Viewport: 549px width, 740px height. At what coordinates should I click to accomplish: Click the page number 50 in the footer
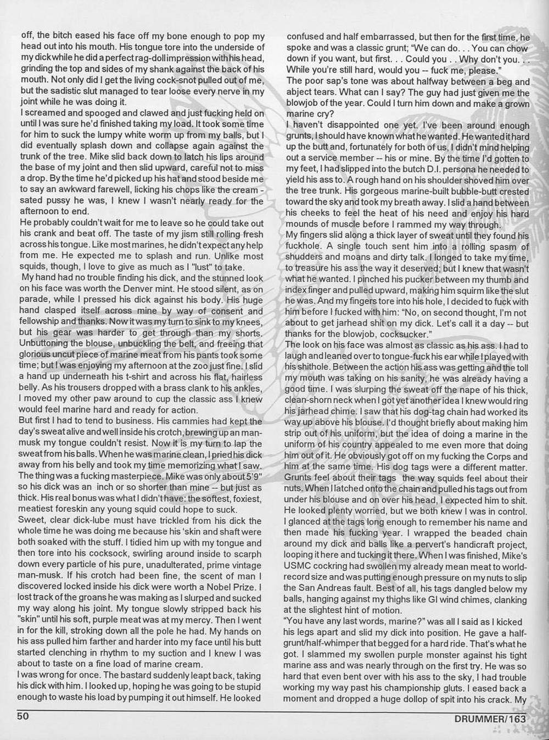pos(23,716)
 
